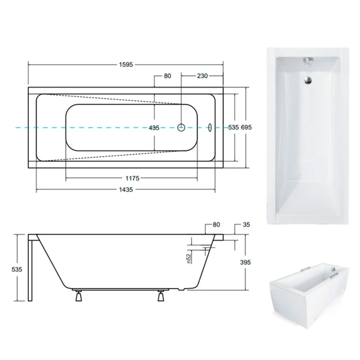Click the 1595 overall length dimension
[x=126, y=65]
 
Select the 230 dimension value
[x=202, y=76]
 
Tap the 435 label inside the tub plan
[x=154, y=128]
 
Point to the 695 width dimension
[x=246, y=127]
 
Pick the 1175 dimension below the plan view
[x=132, y=178]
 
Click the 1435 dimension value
[x=126, y=190]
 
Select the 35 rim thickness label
[x=246, y=225]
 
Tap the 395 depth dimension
[x=246, y=262]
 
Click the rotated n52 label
[x=189, y=258]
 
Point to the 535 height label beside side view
[x=17, y=270]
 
